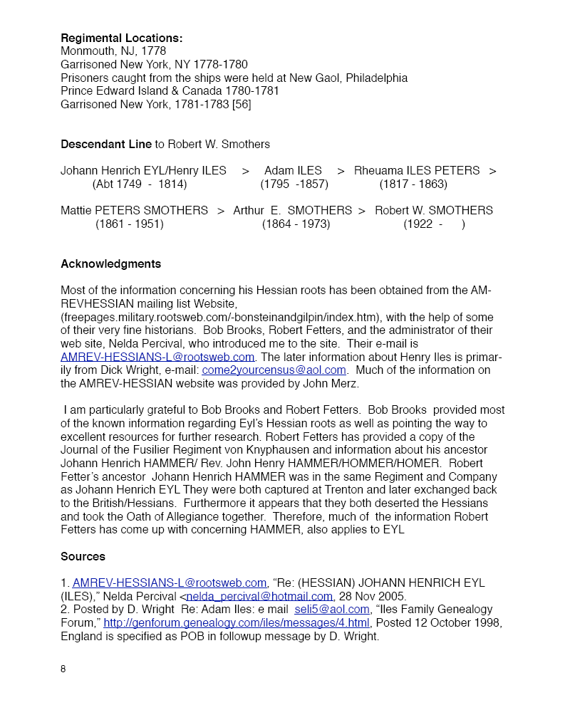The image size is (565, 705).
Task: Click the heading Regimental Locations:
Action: (121, 38)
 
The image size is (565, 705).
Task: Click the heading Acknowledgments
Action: (110, 263)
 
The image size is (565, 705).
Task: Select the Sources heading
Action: (83, 556)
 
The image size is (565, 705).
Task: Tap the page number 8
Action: (63, 669)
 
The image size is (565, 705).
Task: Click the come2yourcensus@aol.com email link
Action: (274, 370)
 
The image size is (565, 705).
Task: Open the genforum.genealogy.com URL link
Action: (237, 623)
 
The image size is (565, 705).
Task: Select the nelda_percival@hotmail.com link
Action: (259, 596)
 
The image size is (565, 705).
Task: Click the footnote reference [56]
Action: (240, 105)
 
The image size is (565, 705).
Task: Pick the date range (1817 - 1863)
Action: (413, 184)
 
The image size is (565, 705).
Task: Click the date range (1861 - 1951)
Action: (130, 224)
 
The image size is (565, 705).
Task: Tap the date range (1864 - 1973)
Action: (296, 224)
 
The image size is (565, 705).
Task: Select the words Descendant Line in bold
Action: (106, 144)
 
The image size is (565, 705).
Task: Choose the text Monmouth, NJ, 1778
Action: (113, 51)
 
